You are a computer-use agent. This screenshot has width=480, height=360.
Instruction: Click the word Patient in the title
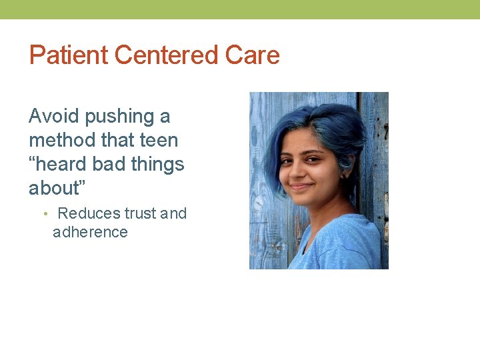coord(69,55)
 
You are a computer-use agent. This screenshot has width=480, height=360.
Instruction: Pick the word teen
coord(159,140)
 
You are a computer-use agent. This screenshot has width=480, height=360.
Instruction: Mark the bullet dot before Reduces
coord(45,214)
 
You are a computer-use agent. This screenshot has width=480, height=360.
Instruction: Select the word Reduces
coord(89,213)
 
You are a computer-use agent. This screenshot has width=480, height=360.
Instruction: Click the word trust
coord(141,213)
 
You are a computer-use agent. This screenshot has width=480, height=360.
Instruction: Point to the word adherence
coord(90,232)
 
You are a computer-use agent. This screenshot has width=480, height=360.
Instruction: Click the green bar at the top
coord(240,9)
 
